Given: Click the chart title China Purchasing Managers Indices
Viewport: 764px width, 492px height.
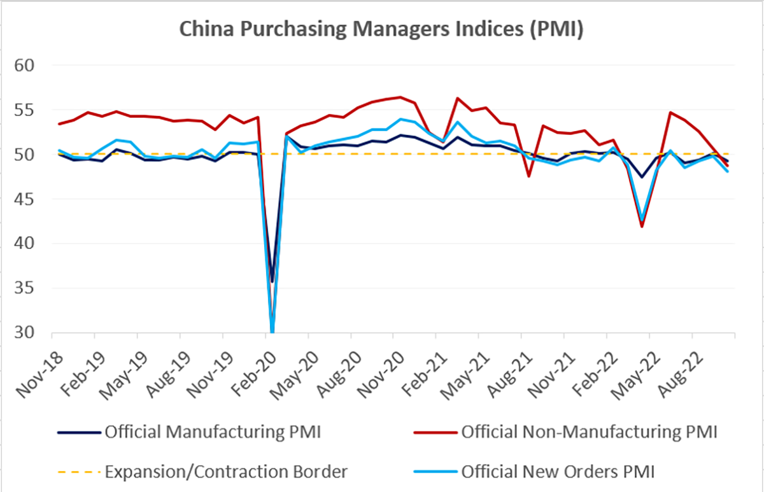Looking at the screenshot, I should [381, 29].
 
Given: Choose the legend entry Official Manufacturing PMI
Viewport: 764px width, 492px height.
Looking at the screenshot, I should [213, 433].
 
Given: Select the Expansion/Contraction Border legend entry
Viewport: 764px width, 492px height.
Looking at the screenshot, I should [226, 472].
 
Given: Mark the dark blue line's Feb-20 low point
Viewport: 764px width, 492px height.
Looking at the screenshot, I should [272, 281].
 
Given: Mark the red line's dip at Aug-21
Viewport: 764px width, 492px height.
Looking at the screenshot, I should [530, 176].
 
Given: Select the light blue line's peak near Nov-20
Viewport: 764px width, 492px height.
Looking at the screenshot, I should [400, 119].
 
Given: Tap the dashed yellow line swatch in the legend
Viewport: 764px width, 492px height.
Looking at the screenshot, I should [79, 472].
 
